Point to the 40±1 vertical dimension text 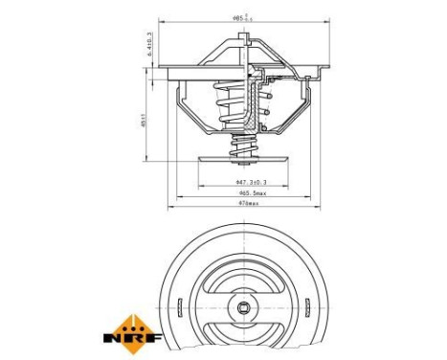click(x=142, y=124)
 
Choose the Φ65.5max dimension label click(x=252, y=192)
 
